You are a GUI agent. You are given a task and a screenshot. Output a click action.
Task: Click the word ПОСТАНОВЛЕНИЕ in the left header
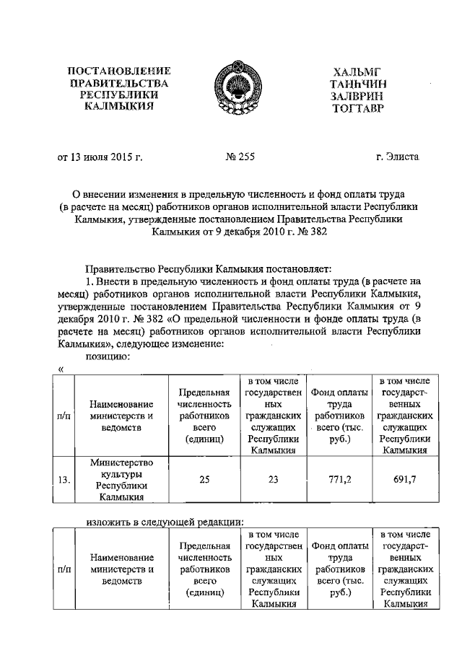pos(118,71)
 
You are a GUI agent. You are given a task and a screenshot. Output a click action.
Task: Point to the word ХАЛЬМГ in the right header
pos(354,71)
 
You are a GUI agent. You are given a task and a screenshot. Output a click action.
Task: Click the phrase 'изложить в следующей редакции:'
pos(163,521)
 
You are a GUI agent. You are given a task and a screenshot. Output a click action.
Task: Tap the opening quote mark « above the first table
pos(61,370)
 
